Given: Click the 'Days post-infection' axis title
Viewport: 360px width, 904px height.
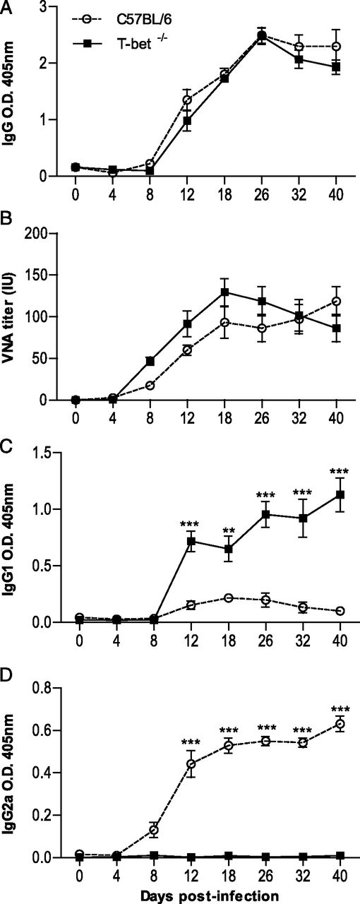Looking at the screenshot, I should pos(200,894).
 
